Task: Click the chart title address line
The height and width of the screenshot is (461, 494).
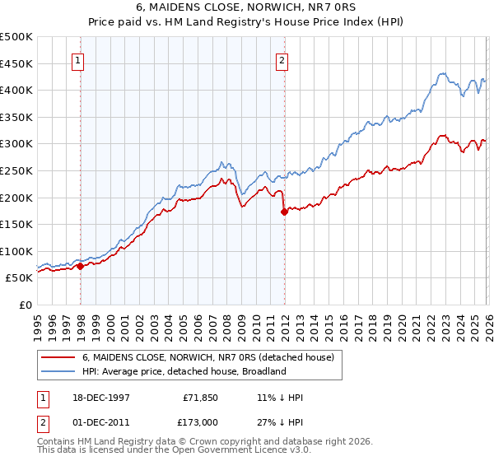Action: point(246,7)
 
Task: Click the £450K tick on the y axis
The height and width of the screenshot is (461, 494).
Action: point(17,63)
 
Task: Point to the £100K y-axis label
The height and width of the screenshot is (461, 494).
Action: point(17,251)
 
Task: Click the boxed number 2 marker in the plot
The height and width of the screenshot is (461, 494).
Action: point(282,59)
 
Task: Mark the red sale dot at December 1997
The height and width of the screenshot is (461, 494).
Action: point(80,266)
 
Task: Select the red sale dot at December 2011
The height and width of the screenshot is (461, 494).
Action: point(284,212)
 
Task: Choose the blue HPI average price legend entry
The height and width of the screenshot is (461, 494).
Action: point(184,371)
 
